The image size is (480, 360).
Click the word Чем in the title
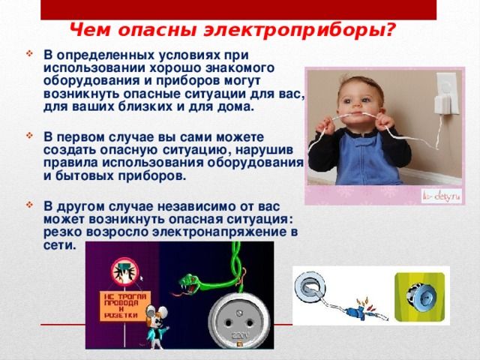point(90,30)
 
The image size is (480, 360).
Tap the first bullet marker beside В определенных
point(29,55)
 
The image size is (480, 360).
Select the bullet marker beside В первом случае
point(29,135)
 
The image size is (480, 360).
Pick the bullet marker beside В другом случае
point(29,205)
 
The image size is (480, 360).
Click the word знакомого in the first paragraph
point(239,68)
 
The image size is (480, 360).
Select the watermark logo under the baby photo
point(442,196)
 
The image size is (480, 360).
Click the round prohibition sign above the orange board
point(125,272)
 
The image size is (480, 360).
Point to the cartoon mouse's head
point(157,316)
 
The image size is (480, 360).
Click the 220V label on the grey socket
point(240,335)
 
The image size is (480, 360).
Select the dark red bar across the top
point(238,10)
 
